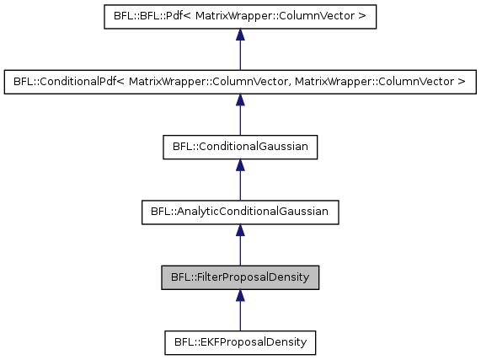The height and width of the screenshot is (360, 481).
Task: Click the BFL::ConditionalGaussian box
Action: click(240, 148)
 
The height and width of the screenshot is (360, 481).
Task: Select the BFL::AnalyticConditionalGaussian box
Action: click(240, 212)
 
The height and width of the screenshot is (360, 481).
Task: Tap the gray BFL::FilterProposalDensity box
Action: click(240, 277)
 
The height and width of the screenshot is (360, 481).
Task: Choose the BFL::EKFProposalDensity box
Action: click(240, 342)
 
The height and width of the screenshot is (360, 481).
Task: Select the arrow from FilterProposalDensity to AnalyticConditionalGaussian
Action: click(240, 245)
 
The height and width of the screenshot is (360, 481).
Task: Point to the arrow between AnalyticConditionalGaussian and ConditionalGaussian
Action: click(240, 180)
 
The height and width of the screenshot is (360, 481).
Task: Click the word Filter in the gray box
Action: click(206, 277)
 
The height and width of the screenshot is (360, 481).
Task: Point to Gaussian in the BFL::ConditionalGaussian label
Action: click(289, 148)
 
